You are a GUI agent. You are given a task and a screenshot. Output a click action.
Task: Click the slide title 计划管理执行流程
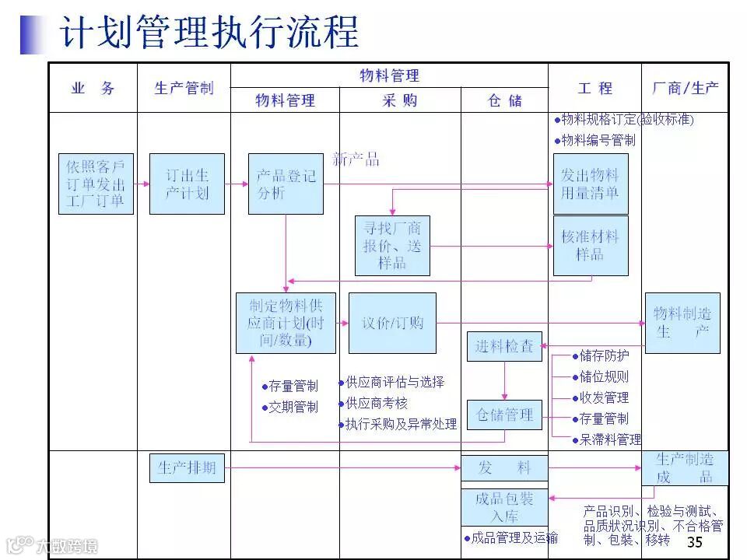[209, 33]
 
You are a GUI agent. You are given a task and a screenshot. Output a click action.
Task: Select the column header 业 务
[93, 89]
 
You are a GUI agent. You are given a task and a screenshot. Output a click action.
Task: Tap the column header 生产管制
[184, 89]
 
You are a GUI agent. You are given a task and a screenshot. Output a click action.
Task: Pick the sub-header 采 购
[400, 100]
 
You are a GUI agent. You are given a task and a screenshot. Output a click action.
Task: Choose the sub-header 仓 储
[504, 101]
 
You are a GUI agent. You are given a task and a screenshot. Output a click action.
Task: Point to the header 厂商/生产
[685, 89]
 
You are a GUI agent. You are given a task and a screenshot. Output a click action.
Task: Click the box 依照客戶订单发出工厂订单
[96, 184]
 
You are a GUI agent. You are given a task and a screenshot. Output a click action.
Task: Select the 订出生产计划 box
[187, 184]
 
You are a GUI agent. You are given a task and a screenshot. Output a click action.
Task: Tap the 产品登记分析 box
[286, 184]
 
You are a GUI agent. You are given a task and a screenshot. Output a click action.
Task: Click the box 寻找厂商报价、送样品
[392, 246]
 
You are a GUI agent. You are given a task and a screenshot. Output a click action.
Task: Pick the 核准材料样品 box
[591, 246]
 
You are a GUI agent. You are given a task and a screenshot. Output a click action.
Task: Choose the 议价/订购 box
[392, 323]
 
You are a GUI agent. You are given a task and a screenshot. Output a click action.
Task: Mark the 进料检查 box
[504, 346]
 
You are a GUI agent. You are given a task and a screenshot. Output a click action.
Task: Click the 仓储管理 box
[504, 415]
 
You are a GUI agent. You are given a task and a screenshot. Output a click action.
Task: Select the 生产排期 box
[187, 468]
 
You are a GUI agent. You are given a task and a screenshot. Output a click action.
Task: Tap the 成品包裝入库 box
[504, 507]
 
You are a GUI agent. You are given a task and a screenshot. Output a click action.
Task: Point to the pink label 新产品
[356, 159]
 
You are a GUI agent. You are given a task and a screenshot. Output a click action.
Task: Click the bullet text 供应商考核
[377, 403]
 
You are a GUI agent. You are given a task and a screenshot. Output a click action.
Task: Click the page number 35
[695, 542]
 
